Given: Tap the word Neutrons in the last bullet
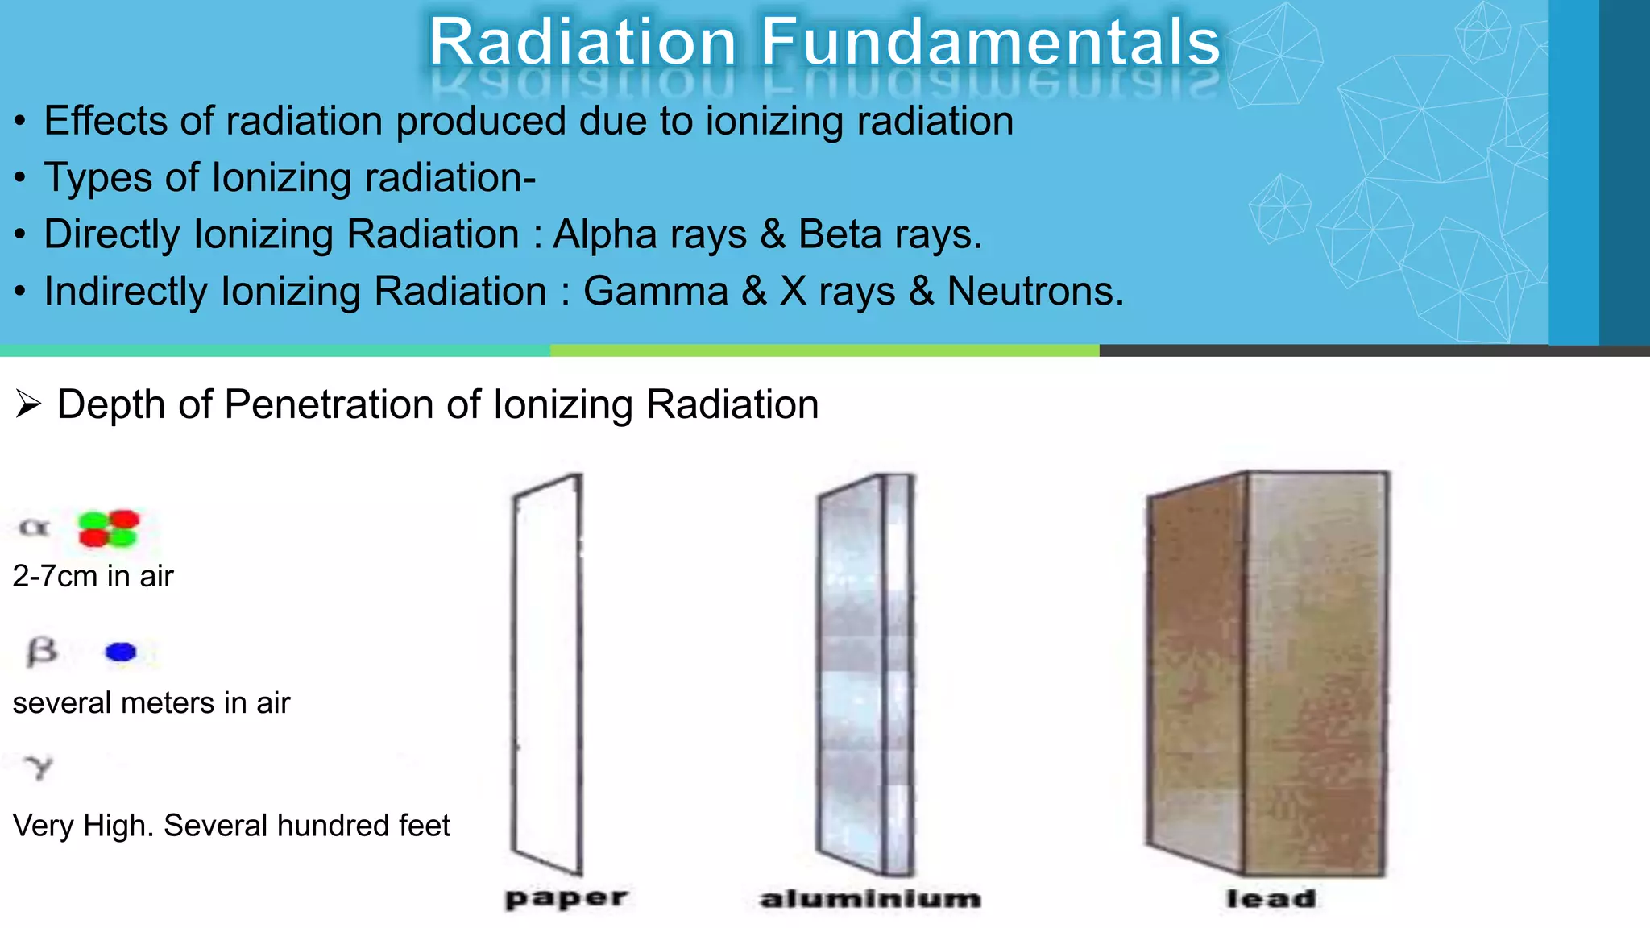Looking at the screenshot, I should click(x=1034, y=291).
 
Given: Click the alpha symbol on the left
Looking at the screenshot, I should click(x=34, y=528).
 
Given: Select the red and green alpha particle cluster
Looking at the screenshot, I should click(x=109, y=528).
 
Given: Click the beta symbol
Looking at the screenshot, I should click(x=41, y=651).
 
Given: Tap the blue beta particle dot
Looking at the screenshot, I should click(x=121, y=652).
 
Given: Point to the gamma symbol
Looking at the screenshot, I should click(x=38, y=768).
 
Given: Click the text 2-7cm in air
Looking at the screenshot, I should click(x=93, y=576).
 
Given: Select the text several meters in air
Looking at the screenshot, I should click(x=151, y=703).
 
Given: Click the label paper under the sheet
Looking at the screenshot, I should click(x=566, y=899).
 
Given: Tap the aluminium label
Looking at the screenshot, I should click(x=870, y=899).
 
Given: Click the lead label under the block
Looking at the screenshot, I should click(x=1271, y=899).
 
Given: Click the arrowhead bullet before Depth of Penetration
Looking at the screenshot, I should click(x=28, y=404).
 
